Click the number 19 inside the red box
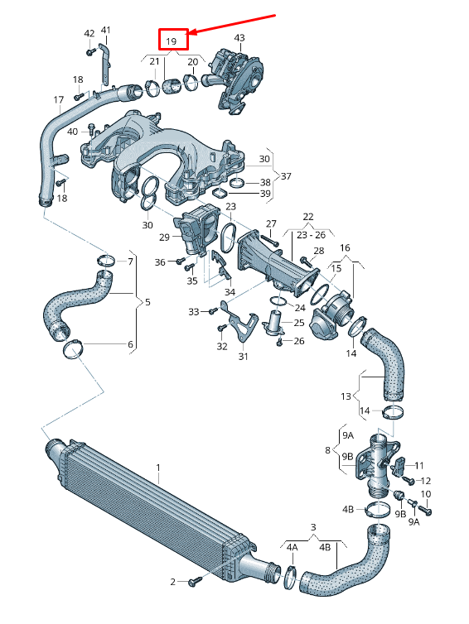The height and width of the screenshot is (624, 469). pos(172,41)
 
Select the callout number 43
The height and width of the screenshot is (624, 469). pos(239,38)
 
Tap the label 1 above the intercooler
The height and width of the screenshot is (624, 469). pos(157,468)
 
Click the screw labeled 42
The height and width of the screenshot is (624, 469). pos(89,52)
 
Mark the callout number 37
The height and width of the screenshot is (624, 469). pos(288,175)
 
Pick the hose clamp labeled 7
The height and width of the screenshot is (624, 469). pos(105,263)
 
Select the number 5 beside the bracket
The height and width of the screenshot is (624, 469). pos(147,302)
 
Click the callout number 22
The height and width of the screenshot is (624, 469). pos(308,217)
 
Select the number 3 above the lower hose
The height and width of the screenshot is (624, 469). pos(313,527)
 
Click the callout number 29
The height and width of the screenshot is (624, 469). pos(164,238)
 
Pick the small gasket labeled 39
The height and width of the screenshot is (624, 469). pos(220,193)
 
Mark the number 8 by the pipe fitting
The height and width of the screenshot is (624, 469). pos(327,451)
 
